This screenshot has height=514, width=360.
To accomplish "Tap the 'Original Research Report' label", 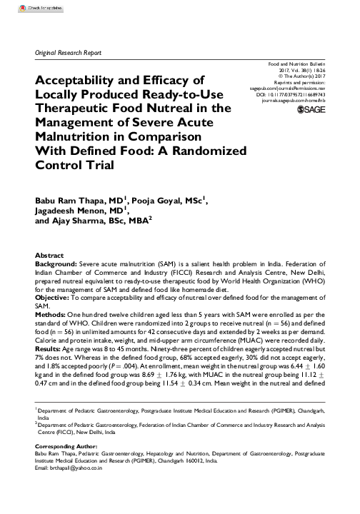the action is [69, 54].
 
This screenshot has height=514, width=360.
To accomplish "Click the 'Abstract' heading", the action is [49, 255].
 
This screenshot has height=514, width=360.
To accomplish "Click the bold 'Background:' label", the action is [56, 263].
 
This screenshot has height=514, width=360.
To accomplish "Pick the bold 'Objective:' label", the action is [54, 296].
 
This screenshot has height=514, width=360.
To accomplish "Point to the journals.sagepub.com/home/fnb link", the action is [294, 101].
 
